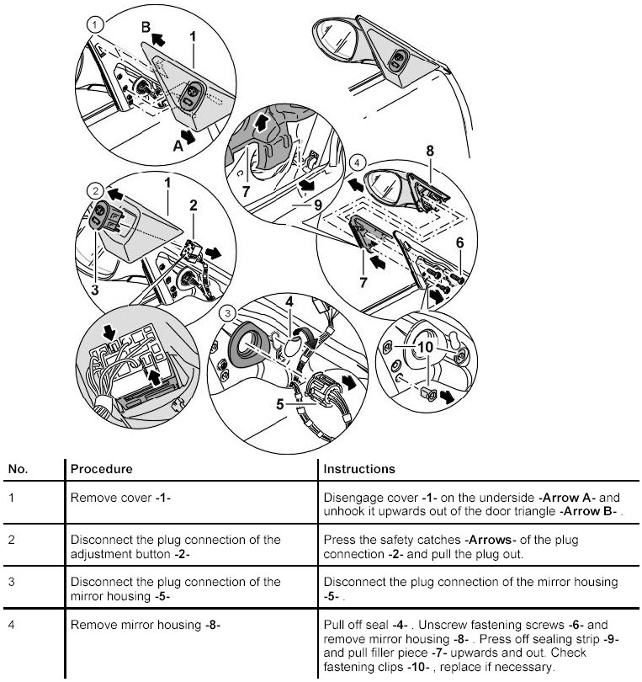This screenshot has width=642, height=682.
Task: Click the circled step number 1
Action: coord(97,25)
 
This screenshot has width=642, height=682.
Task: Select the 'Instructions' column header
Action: coord(359,468)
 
